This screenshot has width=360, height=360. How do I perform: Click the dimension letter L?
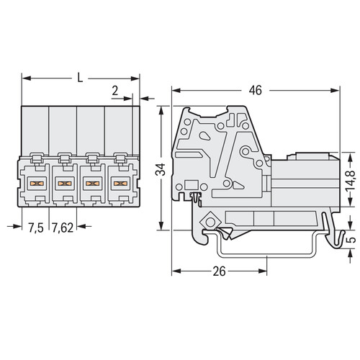80,78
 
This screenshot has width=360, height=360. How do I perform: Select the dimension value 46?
255,91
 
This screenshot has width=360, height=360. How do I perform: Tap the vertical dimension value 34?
161,169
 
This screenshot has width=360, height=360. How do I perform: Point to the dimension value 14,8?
351,181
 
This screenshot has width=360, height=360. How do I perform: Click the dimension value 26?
219,271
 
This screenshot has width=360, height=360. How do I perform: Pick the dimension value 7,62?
63,228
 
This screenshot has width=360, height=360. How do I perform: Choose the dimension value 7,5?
36,228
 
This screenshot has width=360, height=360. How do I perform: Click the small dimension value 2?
115,91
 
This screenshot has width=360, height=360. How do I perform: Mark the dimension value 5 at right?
351,240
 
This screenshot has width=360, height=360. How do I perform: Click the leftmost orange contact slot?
37,184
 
